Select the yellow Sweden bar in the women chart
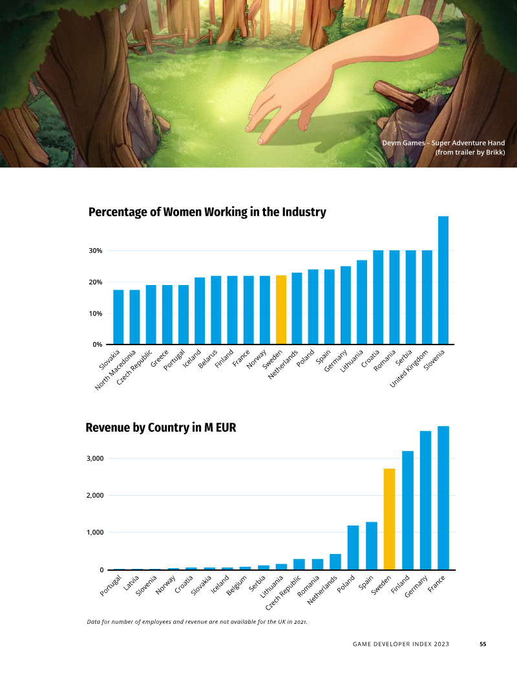click(281, 310)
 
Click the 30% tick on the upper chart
click(95, 251)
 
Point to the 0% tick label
click(97, 345)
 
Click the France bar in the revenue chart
click(443, 498)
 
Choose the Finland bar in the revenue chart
click(408, 510)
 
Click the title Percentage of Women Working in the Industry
click(207, 212)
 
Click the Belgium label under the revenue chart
click(238, 585)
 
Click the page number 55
click(483, 644)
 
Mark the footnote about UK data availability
click(196, 622)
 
